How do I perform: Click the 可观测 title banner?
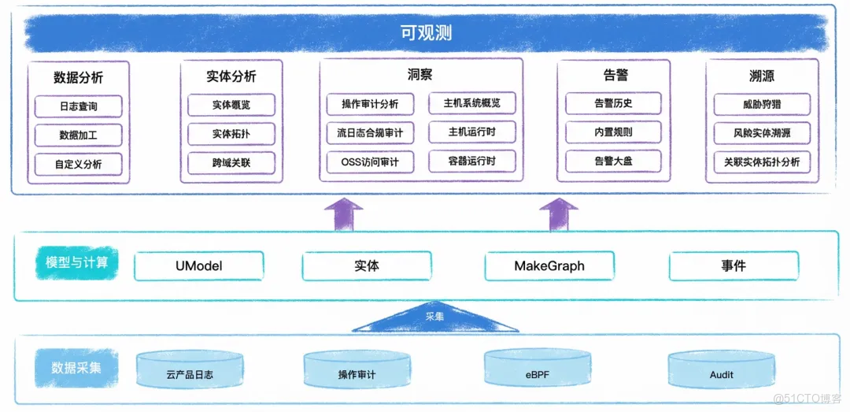click(425, 33)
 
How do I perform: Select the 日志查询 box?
click(79, 106)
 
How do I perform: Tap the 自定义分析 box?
click(79, 164)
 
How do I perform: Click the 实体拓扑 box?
click(232, 134)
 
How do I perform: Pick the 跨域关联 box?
click(232, 163)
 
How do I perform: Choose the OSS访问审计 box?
click(369, 162)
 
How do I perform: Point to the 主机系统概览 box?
click(472, 103)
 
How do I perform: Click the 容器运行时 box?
click(472, 161)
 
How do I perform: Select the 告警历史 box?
click(614, 103)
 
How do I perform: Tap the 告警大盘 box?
click(614, 161)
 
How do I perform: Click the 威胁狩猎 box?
click(762, 104)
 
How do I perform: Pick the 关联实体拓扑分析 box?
click(762, 162)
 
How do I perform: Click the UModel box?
click(198, 266)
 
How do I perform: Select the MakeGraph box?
click(549, 266)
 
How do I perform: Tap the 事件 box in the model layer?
click(733, 266)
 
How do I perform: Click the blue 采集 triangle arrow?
click(434, 318)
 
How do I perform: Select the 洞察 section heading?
click(420, 75)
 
